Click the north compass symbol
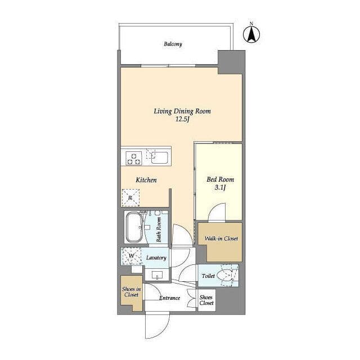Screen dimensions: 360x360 tap(251, 34)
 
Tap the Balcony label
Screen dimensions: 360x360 tap(173, 44)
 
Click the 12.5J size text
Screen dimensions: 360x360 tap(182, 119)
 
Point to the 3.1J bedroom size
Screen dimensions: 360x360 tap(220, 187)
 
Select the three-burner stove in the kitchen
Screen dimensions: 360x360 tap(134, 159)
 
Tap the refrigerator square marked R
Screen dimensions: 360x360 tap(130, 197)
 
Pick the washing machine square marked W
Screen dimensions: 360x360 tap(131, 256)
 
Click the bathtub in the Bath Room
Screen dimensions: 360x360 tap(134, 227)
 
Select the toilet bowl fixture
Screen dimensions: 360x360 tap(226, 275)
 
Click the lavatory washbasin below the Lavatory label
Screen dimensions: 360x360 tap(157, 274)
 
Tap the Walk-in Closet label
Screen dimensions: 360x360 tap(221, 238)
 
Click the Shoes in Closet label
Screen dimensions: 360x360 tap(131, 292)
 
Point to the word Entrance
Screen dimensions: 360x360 tap(170, 298)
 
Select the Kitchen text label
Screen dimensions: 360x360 tap(146, 180)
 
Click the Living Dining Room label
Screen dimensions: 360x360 tap(182, 111)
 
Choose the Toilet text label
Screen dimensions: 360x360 tap(208, 276)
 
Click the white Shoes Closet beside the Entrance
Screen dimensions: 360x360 tap(206, 300)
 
